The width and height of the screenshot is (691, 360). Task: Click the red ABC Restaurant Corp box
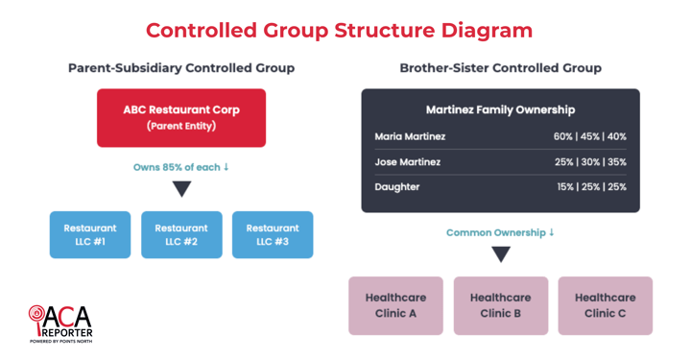click(181, 118)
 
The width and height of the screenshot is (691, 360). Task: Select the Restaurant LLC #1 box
click(90, 235)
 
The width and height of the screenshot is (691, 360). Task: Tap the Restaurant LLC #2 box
click(181, 235)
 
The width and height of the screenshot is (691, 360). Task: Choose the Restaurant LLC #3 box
click(273, 235)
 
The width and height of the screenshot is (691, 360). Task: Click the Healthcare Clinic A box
click(395, 306)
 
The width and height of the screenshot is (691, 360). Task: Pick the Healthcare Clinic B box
click(500, 306)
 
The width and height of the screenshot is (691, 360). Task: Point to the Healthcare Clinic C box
click(605, 306)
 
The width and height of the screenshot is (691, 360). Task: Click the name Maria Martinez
click(410, 136)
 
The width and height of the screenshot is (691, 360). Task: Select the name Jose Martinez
click(408, 161)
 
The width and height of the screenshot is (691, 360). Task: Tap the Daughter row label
click(397, 186)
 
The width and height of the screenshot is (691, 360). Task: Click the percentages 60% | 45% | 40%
click(589, 136)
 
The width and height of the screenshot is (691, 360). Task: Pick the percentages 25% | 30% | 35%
click(589, 161)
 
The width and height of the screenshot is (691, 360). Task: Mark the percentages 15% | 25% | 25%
click(591, 186)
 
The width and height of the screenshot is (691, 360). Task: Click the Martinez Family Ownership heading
click(500, 109)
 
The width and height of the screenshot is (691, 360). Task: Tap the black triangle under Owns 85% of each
click(181, 189)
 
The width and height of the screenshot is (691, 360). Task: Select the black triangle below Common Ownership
click(500, 254)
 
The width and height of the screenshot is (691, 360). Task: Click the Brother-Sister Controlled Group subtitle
click(500, 68)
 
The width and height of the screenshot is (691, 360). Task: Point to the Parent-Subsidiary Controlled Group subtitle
click(181, 68)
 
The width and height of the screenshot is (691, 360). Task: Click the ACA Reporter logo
click(60, 324)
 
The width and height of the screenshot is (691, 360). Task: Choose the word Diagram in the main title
click(487, 30)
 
